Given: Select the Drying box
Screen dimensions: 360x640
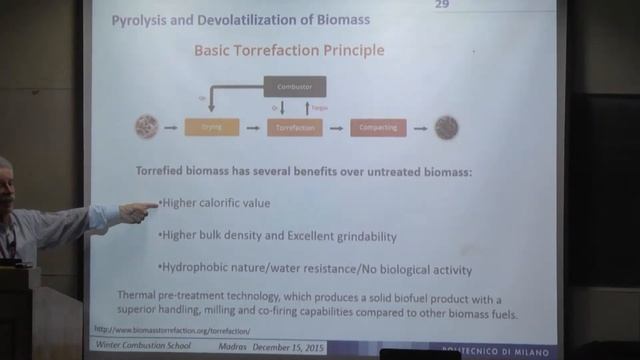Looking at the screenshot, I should [x=211, y=127].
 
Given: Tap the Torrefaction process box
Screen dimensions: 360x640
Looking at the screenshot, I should [x=294, y=127].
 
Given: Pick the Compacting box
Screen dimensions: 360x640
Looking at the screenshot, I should [x=378, y=127].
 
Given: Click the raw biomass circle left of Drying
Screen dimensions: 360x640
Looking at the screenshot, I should [x=147, y=127].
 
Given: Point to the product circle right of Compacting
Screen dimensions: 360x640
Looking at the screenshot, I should [x=446, y=127].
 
